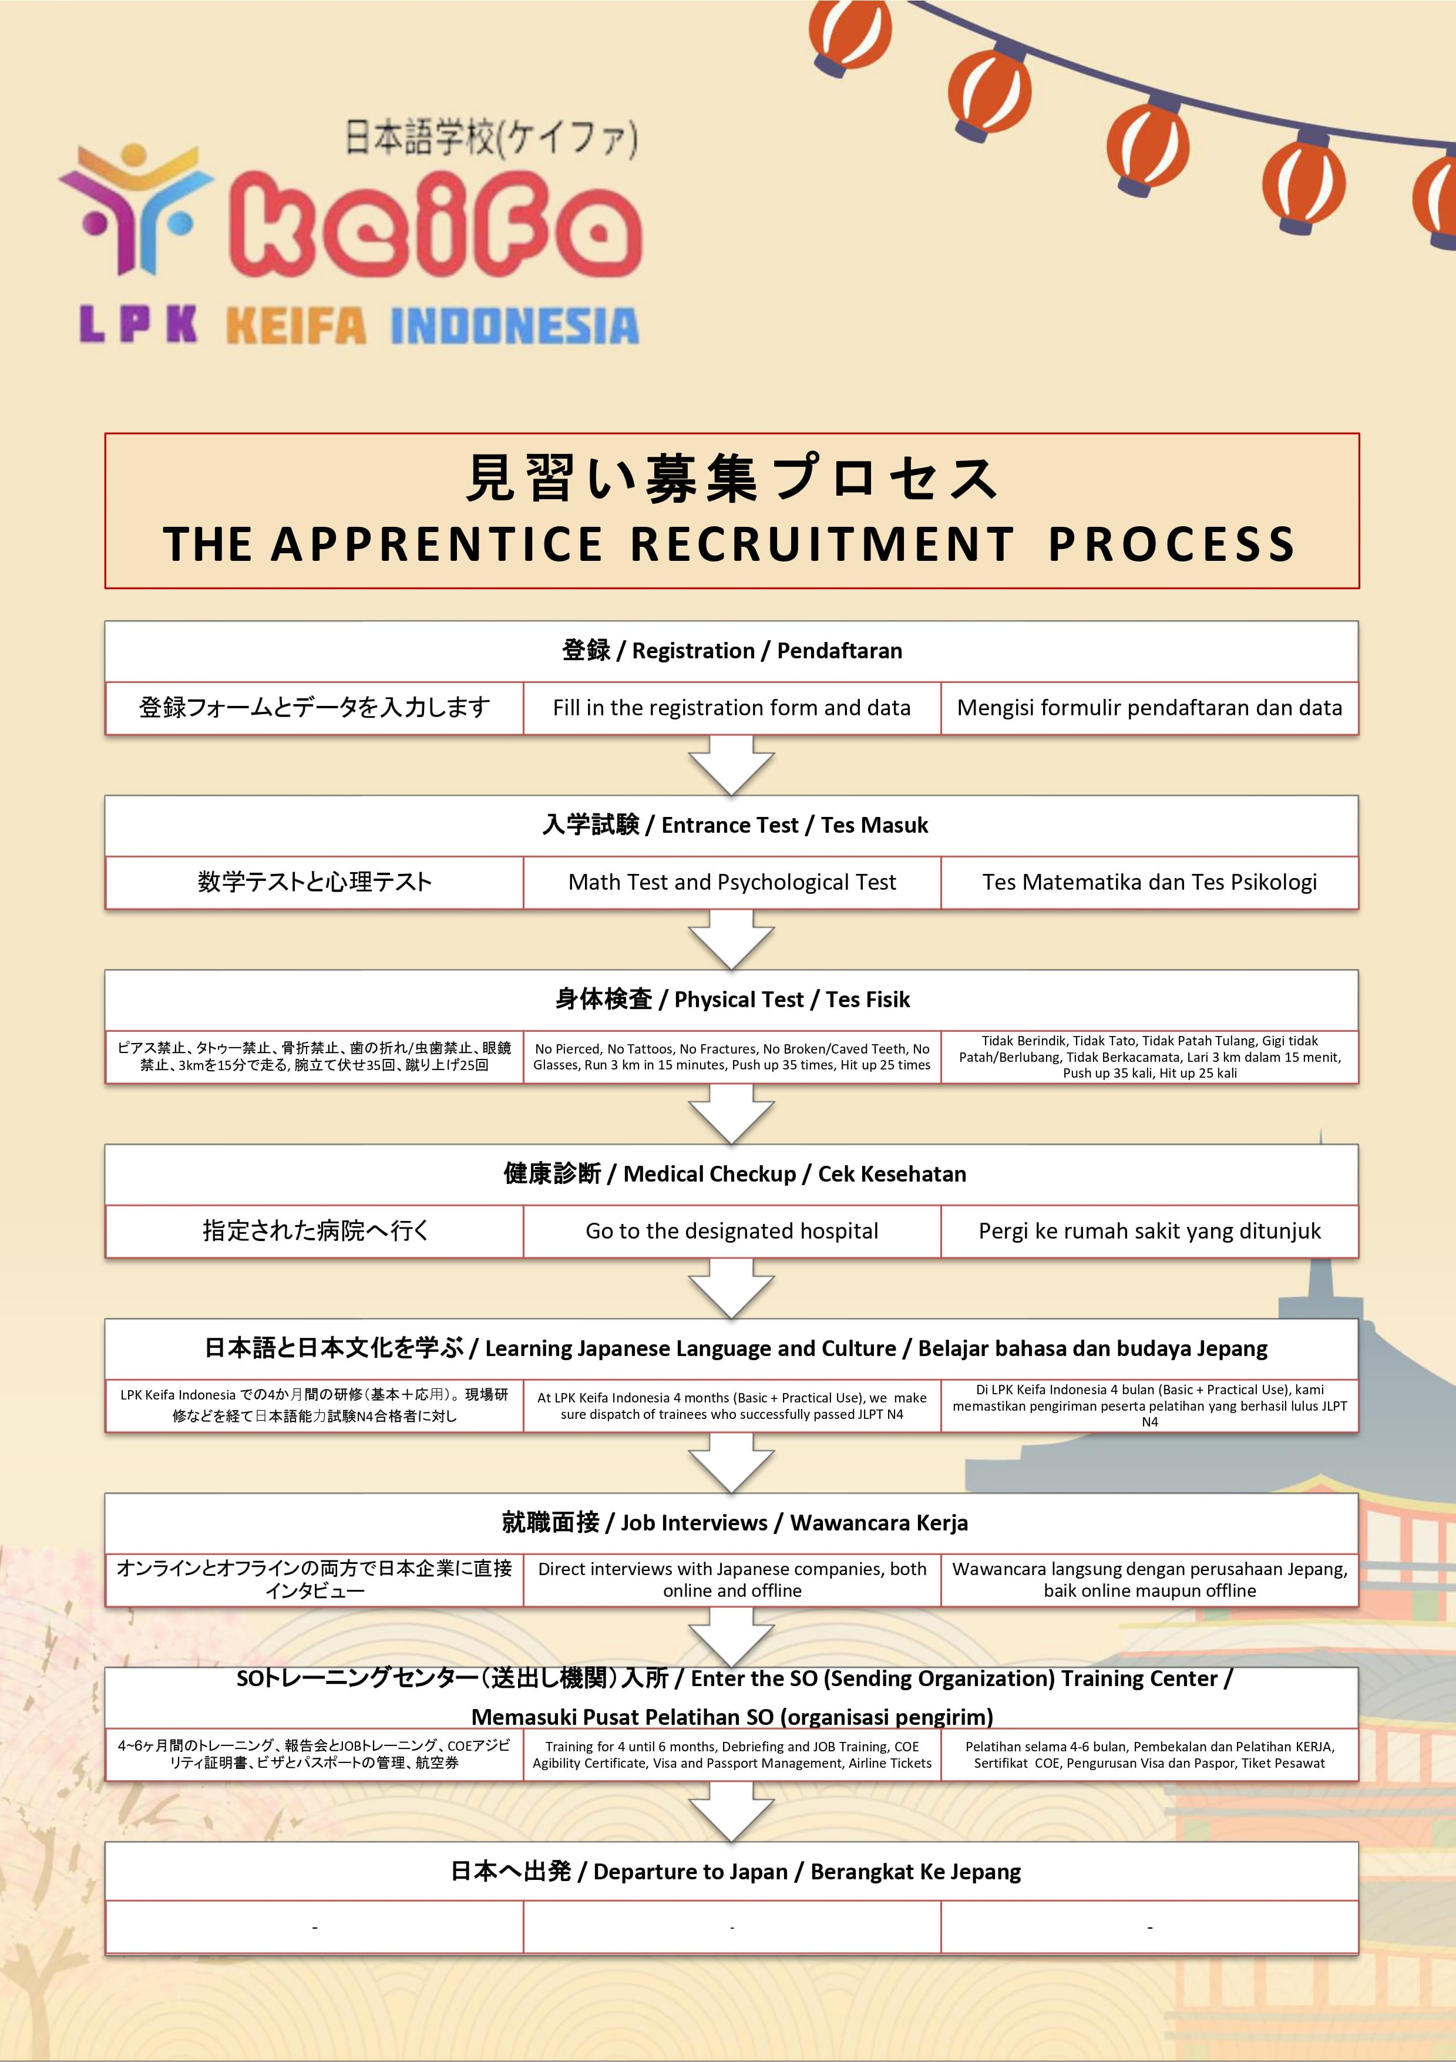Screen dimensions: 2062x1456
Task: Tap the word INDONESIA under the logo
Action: (515, 326)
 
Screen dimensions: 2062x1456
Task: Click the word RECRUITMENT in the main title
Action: (821, 544)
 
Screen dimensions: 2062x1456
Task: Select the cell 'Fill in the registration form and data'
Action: (731, 708)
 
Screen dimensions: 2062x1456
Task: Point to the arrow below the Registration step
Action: (731, 764)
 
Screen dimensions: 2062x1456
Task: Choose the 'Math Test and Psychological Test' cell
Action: (731, 882)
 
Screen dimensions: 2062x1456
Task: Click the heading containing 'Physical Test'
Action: (731, 1000)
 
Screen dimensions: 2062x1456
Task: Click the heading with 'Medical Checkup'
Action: (731, 1174)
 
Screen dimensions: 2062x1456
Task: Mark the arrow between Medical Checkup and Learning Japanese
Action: (731, 1287)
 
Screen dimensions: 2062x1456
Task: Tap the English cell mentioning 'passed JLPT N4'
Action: (731, 1405)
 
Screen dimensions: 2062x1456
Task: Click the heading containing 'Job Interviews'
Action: (731, 1522)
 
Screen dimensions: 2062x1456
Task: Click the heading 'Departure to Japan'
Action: (731, 1872)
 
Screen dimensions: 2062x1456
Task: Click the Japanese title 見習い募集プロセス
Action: (731, 478)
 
